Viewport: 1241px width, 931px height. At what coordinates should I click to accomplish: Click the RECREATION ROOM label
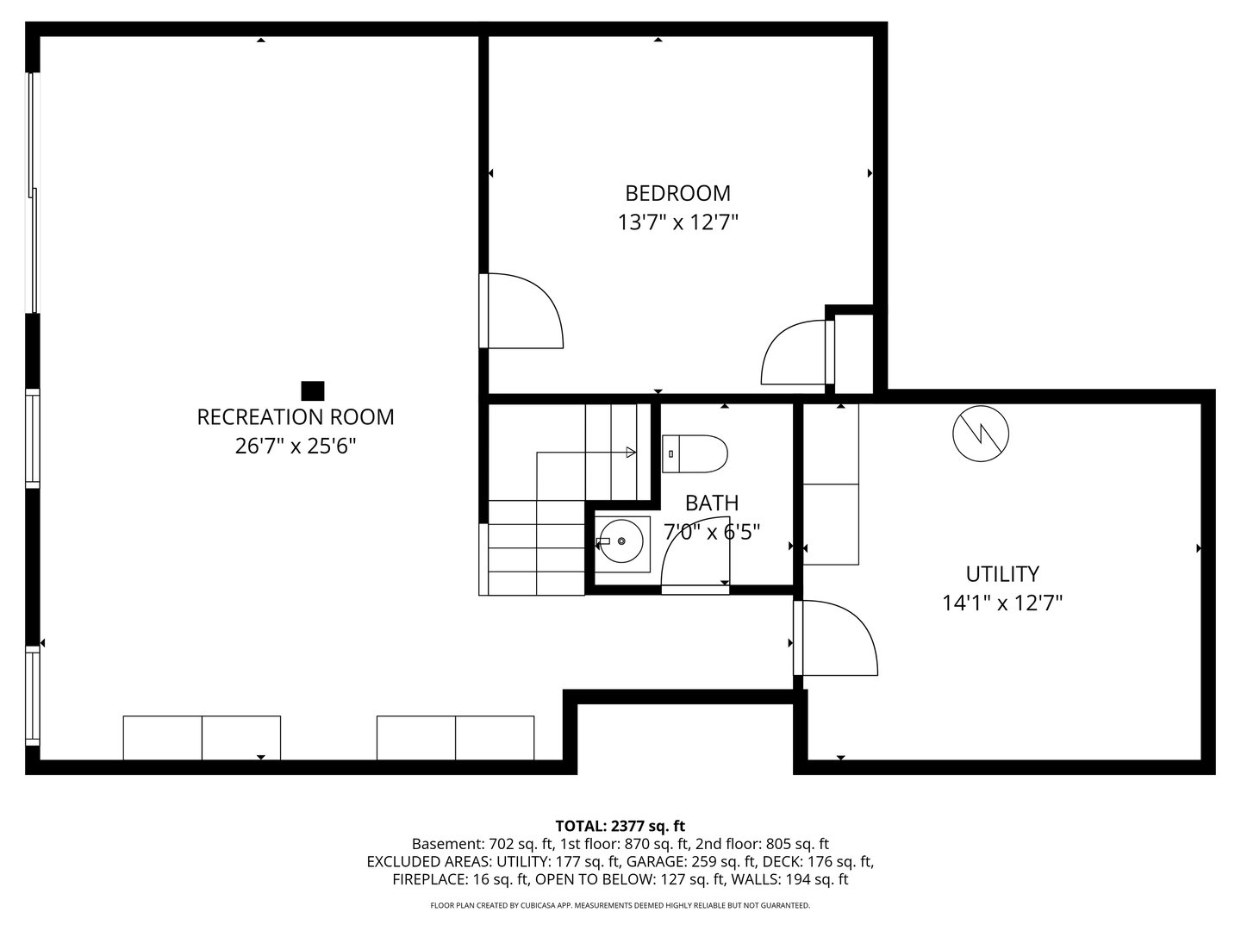click(x=296, y=417)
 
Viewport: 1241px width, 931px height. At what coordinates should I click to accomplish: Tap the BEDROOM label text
click(x=677, y=193)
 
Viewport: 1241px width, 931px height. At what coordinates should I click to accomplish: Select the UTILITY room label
click(x=1001, y=574)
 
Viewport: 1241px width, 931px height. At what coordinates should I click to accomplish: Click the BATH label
click(x=711, y=503)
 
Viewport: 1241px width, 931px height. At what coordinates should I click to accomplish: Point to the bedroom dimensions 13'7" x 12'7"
click(x=677, y=222)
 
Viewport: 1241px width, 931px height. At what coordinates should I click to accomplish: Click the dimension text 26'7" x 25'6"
click(x=296, y=447)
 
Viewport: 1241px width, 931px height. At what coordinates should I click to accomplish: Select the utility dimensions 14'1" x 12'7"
click(x=1001, y=603)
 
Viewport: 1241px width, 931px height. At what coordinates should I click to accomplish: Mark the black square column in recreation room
click(x=312, y=391)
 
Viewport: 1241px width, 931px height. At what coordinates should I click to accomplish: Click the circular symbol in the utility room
click(x=981, y=433)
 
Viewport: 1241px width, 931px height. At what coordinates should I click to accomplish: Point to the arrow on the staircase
click(x=630, y=452)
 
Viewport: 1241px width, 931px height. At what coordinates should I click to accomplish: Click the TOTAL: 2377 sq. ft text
click(x=620, y=826)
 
